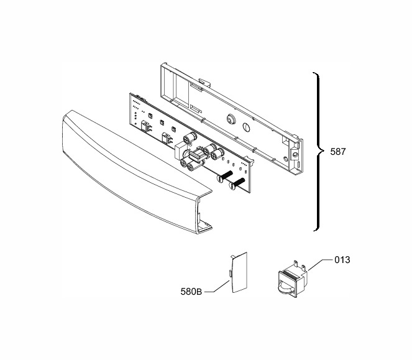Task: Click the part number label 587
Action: click(338, 152)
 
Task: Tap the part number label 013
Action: click(342, 260)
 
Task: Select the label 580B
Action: click(191, 292)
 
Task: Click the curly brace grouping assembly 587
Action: click(319, 152)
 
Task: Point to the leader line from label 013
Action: click(320, 264)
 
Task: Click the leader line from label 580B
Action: click(217, 286)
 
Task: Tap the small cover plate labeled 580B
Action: click(239, 272)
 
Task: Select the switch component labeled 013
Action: click(293, 279)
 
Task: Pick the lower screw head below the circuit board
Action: click(232, 187)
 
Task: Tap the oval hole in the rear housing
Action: click(246, 127)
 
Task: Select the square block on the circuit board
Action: click(180, 152)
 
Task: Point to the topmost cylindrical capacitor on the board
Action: click(190, 138)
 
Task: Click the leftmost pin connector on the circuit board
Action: click(145, 126)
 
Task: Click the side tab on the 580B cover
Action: click(231, 273)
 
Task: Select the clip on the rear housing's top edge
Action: click(205, 82)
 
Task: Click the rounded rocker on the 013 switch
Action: click(286, 287)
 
